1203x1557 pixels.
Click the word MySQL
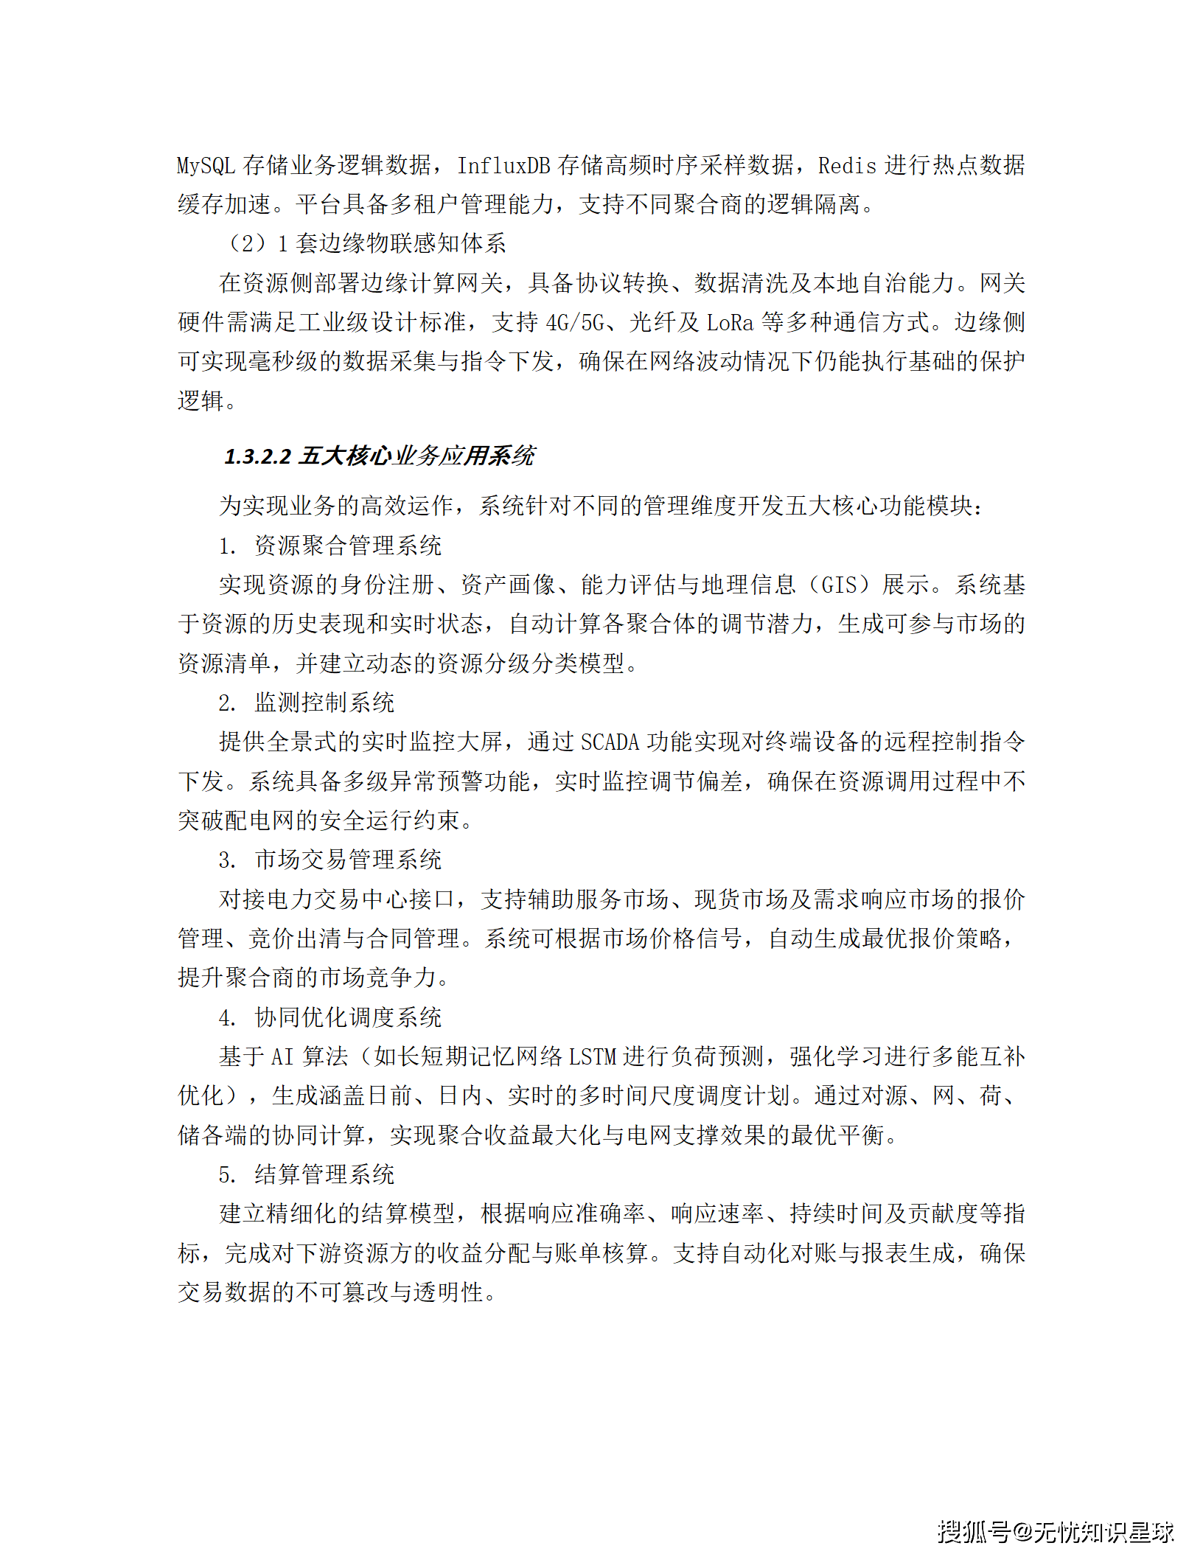pyautogui.click(x=206, y=166)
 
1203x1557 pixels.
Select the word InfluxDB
pyautogui.click(x=503, y=166)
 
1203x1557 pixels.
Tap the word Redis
pyautogui.click(x=847, y=166)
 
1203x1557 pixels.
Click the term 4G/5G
pyautogui.click(x=575, y=323)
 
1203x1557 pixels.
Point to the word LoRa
pyautogui.click(x=730, y=323)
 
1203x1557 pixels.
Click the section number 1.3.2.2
pyautogui.click(x=258, y=456)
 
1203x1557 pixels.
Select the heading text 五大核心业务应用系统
pyautogui.click(x=417, y=456)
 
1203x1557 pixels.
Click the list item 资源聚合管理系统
pyautogui.click(x=348, y=546)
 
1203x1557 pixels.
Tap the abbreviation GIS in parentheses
pyautogui.click(x=839, y=585)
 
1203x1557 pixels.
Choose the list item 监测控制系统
pyautogui.click(x=324, y=703)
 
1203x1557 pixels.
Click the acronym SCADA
pyautogui.click(x=610, y=742)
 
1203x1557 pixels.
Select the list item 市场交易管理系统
pyautogui.click(x=348, y=860)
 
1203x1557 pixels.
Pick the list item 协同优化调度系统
pyautogui.click(x=348, y=1017)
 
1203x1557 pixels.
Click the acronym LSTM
pyautogui.click(x=593, y=1057)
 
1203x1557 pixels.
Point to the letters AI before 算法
pyautogui.click(x=282, y=1057)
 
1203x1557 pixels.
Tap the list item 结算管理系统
pyautogui.click(x=324, y=1174)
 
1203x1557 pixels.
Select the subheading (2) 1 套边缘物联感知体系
pyautogui.click(x=366, y=244)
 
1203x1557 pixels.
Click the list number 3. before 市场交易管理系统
pyautogui.click(x=227, y=860)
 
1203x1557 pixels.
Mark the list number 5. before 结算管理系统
pyautogui.click(x=227, y=1174)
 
